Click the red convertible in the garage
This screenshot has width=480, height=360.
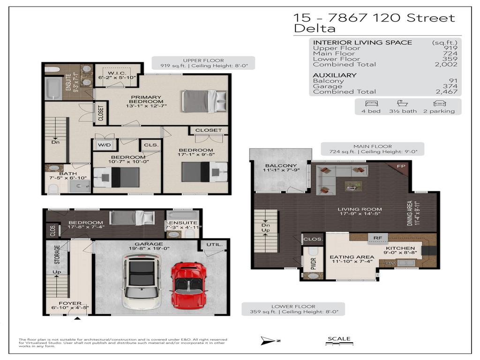[x=188, y=285]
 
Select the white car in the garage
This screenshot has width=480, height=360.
[x=142, y=281]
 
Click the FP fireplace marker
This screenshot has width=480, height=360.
[x=401, y=166]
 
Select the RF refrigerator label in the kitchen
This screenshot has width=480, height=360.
[x=377, y=238]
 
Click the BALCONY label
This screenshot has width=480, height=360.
[x=280, y=166]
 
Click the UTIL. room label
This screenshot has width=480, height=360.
[x=209, y=245]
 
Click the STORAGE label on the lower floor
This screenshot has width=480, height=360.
[x=57, y=254]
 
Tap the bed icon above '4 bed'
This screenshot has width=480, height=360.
[x=371, y=103]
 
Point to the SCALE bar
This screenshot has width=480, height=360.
[x=338, y=345]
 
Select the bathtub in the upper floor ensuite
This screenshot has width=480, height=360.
[x=53, y=89]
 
